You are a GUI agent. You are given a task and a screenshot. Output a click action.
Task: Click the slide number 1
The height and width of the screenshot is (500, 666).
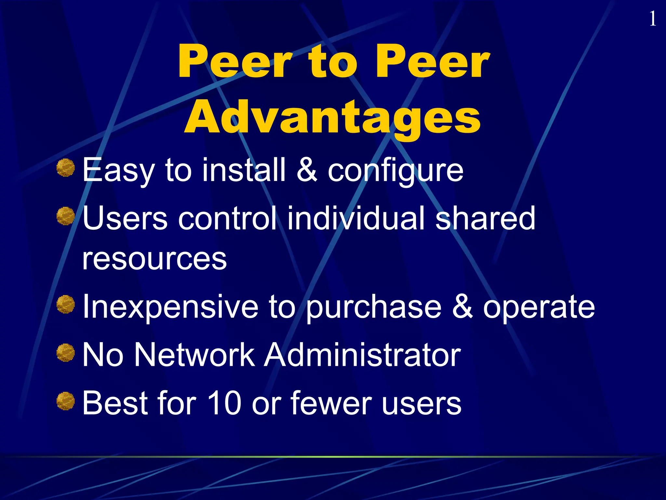(x=652, y=19)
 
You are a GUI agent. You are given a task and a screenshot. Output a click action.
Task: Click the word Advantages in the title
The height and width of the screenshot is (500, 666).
(x=332, y=117)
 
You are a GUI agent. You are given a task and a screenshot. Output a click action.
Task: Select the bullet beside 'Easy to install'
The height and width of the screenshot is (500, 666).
(x=66, y=168)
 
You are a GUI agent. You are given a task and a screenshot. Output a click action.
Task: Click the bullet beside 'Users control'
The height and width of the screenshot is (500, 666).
(x=66, y=216)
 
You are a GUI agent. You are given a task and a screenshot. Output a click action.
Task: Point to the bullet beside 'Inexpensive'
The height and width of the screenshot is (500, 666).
(x=66, y=304)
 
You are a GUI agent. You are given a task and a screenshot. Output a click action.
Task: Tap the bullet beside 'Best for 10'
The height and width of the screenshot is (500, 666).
(x=66, y=401)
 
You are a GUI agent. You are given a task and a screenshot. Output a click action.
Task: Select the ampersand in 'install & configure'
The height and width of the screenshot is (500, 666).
(x=307, y=170)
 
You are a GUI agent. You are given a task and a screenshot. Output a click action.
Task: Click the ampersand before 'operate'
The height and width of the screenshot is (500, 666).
(x=462, y=307)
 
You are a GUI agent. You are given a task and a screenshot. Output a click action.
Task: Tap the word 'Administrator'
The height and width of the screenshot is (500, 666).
(x=362, y=355)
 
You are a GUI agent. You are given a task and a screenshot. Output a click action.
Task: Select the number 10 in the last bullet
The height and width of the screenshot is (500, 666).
(x=224, y=403)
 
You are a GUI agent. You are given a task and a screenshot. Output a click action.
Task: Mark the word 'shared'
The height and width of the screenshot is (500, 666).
(x=485, y=218)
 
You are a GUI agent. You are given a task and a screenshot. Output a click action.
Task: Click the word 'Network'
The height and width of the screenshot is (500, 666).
(x=194, y=355)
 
